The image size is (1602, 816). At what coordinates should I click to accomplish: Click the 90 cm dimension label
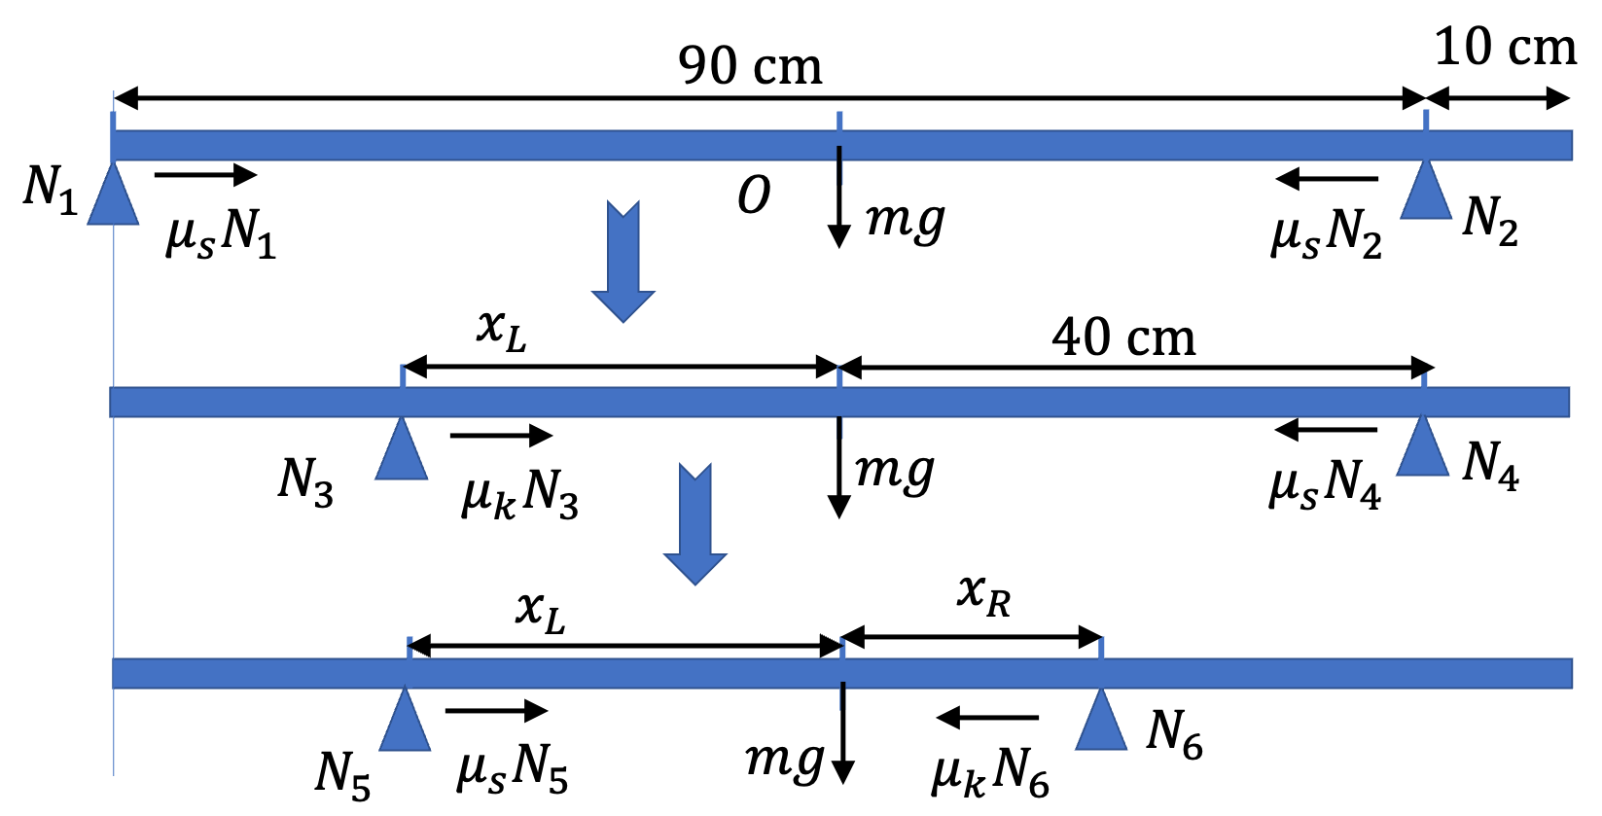click(x=750, y=66)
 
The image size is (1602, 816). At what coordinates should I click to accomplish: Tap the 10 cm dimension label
click(x=1505, y=48)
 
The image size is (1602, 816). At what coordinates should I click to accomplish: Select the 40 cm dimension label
click(x=1123, y=337)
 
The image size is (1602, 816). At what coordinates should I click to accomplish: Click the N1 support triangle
click(x=113, y=194)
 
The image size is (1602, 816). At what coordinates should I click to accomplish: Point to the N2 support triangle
click(x=1426, y=189)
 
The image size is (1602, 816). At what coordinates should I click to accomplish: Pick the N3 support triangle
click(x=402, y=448)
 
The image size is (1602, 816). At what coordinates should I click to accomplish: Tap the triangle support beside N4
click(x=1422, y=445)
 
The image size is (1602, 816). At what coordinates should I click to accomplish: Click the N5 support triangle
click(x=405, y=719)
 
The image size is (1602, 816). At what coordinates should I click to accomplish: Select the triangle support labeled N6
click(x=1101, y=719)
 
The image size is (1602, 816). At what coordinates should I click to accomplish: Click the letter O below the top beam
click(x=754, y=195)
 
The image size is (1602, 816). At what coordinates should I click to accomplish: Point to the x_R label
click(x=983, y=595)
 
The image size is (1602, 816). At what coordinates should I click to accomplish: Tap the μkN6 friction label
click(x=990, y=773)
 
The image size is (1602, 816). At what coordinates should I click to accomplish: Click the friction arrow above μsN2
click(x=1327, y=178)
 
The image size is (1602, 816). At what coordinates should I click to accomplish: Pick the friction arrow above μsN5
click(x=496, y=710)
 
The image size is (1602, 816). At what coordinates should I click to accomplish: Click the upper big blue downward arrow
click(x=623, y=262)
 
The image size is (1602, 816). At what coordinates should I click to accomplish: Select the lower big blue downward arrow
click(x=695, y=524)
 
